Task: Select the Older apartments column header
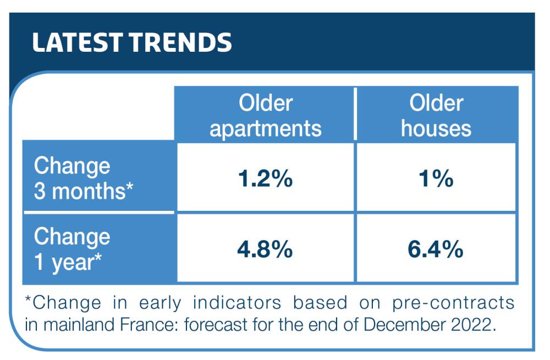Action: pyautogui.click(x=265, y=115)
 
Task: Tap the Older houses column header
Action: pyautogui.click(x=436, y=115)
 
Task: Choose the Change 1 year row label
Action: pyautogui.click(x=71, y=249)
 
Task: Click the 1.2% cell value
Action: pyautogui.click(x=265, y=179)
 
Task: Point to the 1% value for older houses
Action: pyautogui.click(x=436, y=179)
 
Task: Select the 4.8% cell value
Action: pyautogui.click(x=265, y=250)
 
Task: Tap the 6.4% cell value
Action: pyautogui.click(x=436, y=250)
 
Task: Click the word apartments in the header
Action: pyautogui.click(x=265, y=128)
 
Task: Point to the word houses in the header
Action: pyautogui.click(x=436, y=128)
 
